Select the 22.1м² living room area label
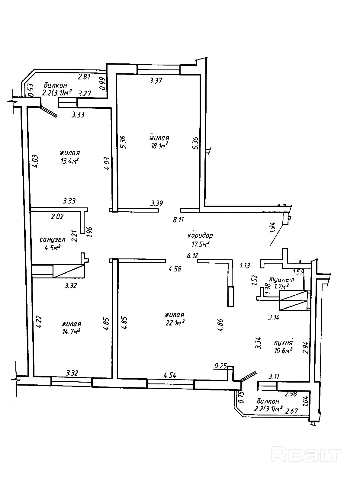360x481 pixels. click(175, 323)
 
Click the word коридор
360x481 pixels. click(200, 236)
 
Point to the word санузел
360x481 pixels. click(53, 240)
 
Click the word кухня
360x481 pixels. click(284, 343)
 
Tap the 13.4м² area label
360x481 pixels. click(69, 160)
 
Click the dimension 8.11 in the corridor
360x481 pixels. click(178, 220)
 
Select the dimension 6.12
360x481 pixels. click(192, 256)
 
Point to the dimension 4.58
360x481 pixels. click(175, 269)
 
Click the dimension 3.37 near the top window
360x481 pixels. click(156, 81)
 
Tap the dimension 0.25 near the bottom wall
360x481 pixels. click(220, 366)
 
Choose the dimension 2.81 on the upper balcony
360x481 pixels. click(84, 77)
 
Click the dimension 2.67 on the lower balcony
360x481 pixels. click(292, 411)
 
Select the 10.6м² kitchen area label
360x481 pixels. click(283, 351)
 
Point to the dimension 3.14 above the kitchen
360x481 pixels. click(274, 317)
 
